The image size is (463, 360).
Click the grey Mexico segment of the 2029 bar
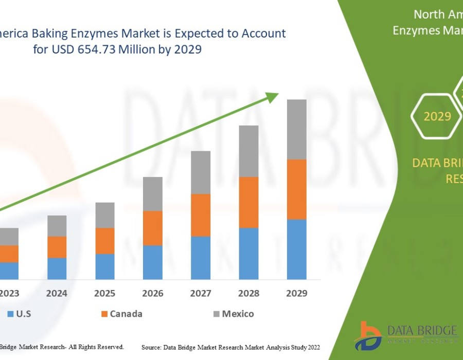[x=297, y=129]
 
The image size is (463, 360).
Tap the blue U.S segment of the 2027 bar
[x=201, y=258]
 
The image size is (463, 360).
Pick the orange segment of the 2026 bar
[x=153, y=228]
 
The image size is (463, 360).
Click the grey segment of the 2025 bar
[x=105, y=215]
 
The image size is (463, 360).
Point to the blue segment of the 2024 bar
[x=57, y=268]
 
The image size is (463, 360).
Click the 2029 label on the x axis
[x=297, y=293]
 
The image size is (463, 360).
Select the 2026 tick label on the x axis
[x=153, y=293]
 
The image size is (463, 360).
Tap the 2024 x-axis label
[x=57, y=293]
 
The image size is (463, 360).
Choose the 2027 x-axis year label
[x=201, y=293]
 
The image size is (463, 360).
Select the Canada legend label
[x=126, y=314]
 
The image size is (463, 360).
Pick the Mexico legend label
[x=238, y=314]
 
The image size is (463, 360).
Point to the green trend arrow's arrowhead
[x=273, y=96]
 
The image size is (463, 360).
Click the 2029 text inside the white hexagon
[x=437, y=116]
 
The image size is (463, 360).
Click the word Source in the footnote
[x=152, y=348]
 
